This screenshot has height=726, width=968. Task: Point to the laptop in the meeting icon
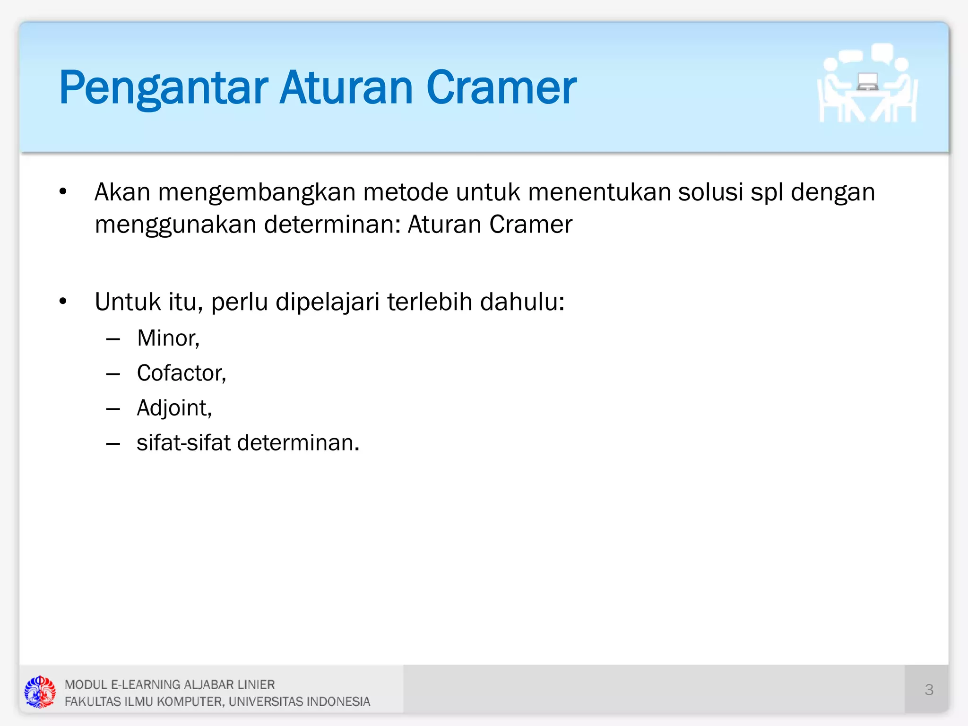click(867, 82)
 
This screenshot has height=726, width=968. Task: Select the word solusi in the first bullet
click(710, 192)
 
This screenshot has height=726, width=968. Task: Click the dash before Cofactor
click(113, 374)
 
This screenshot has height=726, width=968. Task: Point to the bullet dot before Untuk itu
click(63, 302)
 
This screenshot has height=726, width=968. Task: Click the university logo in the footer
click(40, 691)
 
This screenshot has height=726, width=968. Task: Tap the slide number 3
click(929, 690)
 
